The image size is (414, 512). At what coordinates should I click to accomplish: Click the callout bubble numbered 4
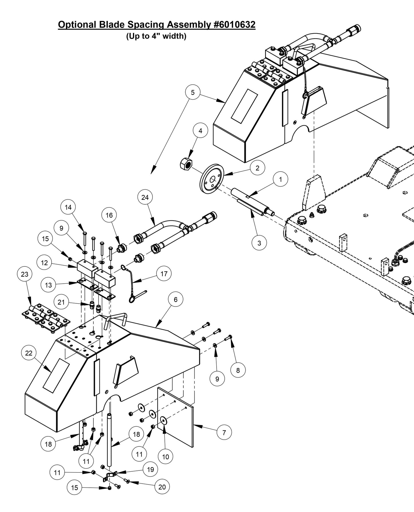[x=200, y=131]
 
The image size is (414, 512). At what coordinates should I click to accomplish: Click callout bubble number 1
[x=280, y=179]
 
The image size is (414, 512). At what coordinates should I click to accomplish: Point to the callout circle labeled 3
[x=259, y=243]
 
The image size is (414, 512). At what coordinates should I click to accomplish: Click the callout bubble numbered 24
[x=145, y=197]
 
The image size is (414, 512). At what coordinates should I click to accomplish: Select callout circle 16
[x=109, y=215]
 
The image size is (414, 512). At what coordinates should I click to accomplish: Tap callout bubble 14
[x=68, y=207]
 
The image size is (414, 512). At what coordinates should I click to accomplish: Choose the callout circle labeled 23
[x=25, y=274]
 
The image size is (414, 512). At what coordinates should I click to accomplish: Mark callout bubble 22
[x=29, y=353]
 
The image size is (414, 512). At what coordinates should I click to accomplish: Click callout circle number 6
[x=176, y=299]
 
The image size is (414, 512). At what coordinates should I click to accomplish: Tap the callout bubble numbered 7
[x=224, y=432]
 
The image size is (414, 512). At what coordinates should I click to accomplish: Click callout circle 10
[x=166, y=457]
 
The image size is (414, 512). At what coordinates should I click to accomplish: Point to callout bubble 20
[x=162, y=487]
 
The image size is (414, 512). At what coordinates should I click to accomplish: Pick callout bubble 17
[x=164, y=274]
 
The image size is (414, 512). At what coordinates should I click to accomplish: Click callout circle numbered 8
[x=238, y=370]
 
